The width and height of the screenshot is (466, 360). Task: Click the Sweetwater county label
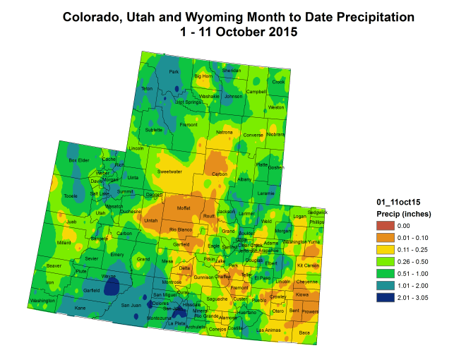170,172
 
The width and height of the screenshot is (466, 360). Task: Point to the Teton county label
147,88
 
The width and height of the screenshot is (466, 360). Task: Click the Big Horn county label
203,76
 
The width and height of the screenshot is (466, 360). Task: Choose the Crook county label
278,82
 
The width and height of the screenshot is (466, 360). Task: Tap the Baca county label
304,332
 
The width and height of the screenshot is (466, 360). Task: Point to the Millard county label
64,242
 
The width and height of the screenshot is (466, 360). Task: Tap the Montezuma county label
154,318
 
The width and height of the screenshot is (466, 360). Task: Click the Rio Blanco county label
181,229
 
